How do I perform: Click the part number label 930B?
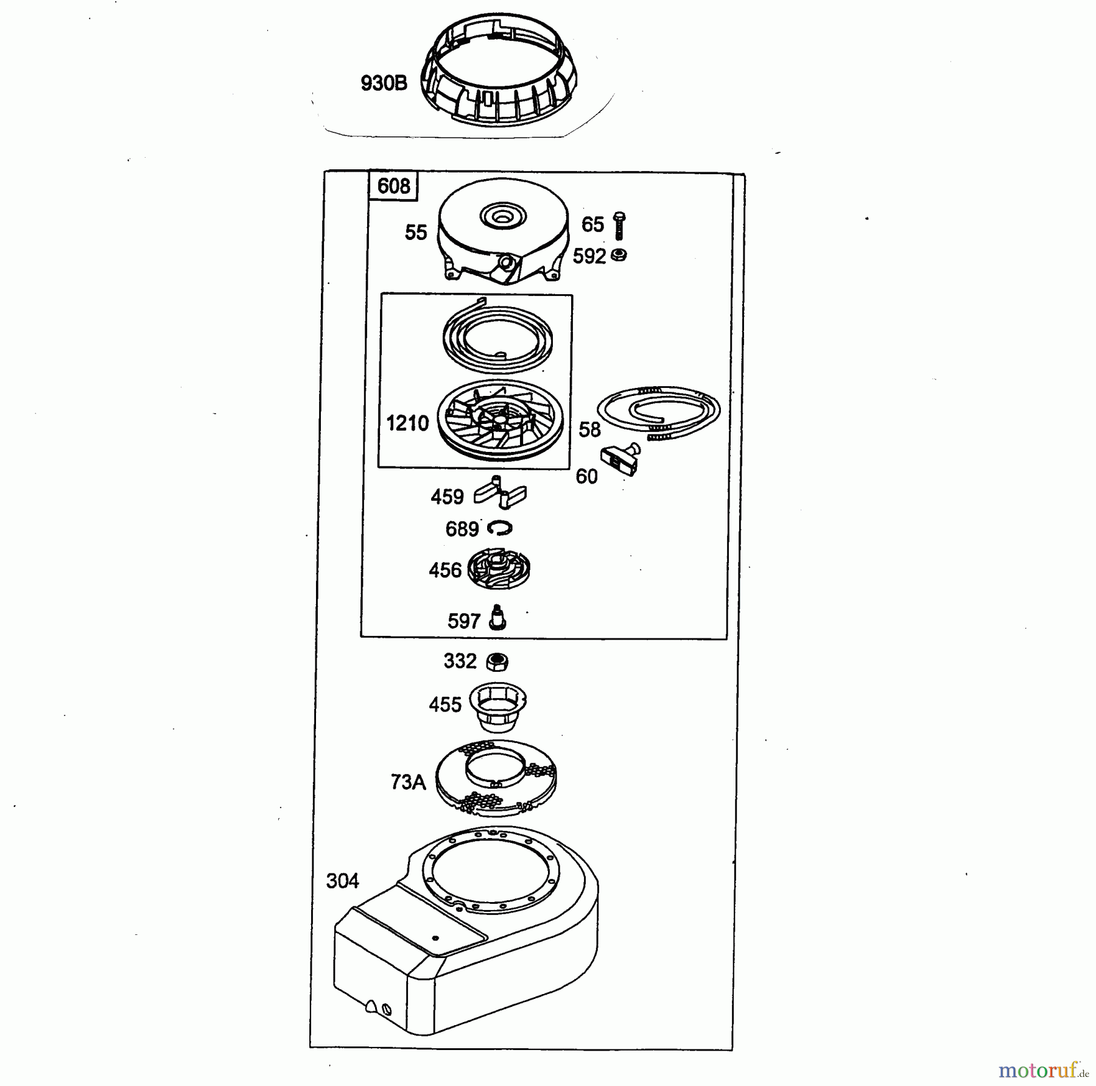(384, 83)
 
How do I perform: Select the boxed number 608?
(393, 185)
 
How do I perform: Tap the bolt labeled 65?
(619, 225)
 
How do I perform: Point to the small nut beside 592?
(619, 255)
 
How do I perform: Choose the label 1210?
(407, 423)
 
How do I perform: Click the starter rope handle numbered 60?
(621, 459)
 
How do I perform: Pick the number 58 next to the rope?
(589, 429)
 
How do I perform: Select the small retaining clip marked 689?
(499, 527)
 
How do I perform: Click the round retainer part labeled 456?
(499, 569)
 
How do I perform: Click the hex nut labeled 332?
(497, 661)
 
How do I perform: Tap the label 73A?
(408, 781)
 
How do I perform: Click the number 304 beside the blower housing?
(342, 881)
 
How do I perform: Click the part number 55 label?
(416, 232)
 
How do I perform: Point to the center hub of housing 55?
(502, 216)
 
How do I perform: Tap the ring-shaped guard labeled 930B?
(499, 76)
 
